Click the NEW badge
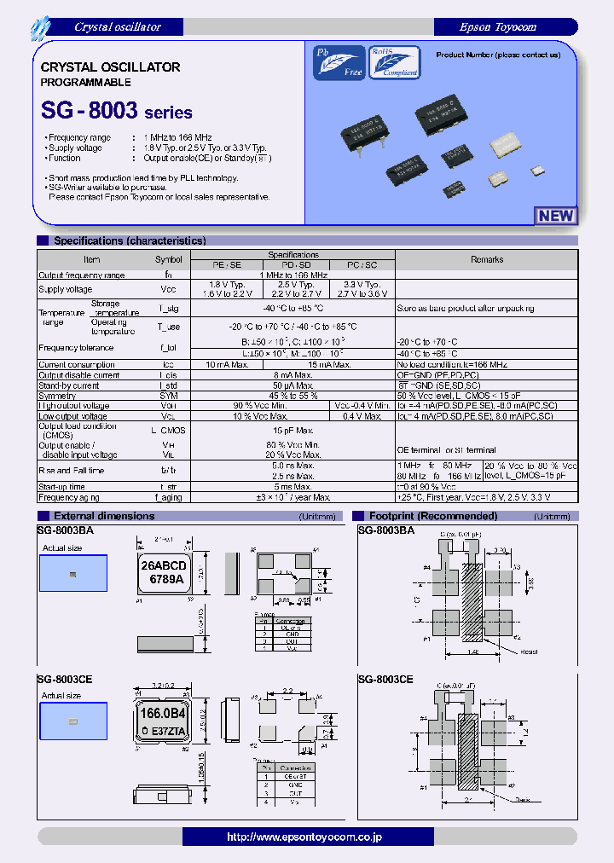(556, 216)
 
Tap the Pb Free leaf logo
(339, 62)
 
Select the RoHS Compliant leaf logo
(394, 62)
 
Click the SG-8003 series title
(117, 112)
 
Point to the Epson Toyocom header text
(498, 27)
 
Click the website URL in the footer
(304, 837)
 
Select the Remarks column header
(487, 259)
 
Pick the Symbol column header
(168, 259)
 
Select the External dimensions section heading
(104, 516)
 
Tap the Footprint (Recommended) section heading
(432, 516)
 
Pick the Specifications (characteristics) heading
(130, 241)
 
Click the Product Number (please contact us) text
(498, 55)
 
